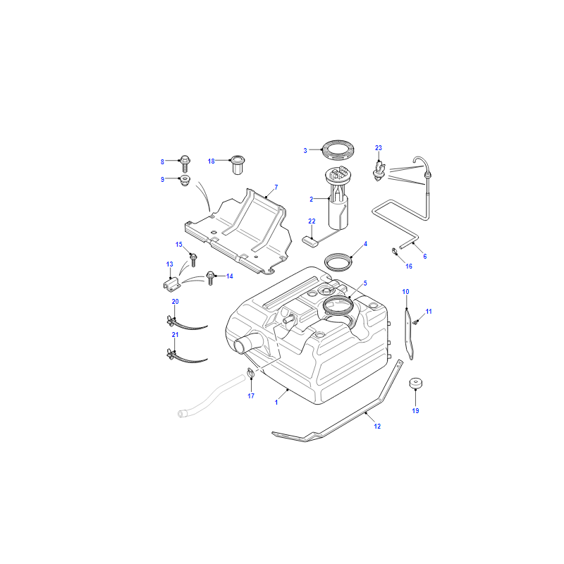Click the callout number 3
point(305,151)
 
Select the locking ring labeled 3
point(338,150)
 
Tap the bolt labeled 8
point(185,163)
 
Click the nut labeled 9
point(185,180)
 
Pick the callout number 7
point(276,188)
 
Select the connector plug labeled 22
point(310,242)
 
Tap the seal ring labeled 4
point(338,262)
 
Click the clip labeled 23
point(379,171)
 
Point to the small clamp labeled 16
point(394,251)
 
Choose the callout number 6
point(425,257)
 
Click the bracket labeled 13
point(172,284)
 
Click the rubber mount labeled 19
point(416,384)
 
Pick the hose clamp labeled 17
point(251,373)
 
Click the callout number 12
point(377,427)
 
